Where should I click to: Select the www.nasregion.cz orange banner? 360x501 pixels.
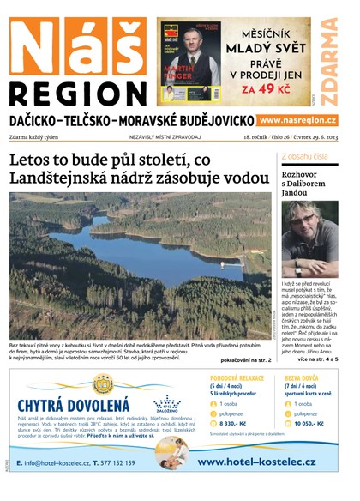[297, 121]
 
